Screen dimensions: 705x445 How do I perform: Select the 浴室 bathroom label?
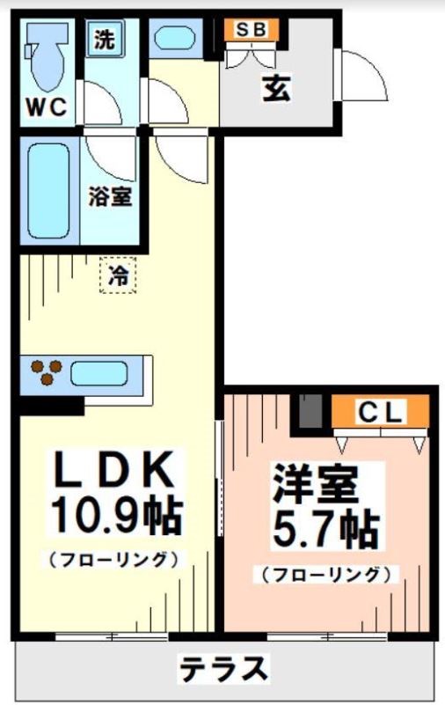click(110, 197)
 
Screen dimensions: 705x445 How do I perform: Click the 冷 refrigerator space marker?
click(117, 275)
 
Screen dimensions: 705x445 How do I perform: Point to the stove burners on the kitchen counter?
click(44, 372)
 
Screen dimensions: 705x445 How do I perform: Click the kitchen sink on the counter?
click(99, 373)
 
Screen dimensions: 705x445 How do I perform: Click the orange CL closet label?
click(380, 412)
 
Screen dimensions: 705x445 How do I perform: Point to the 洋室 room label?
click(325, 485)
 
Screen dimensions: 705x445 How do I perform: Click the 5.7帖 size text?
click(325, 530)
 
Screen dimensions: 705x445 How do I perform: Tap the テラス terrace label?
click(223, 670)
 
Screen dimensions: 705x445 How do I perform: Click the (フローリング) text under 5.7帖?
click(325, 575)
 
